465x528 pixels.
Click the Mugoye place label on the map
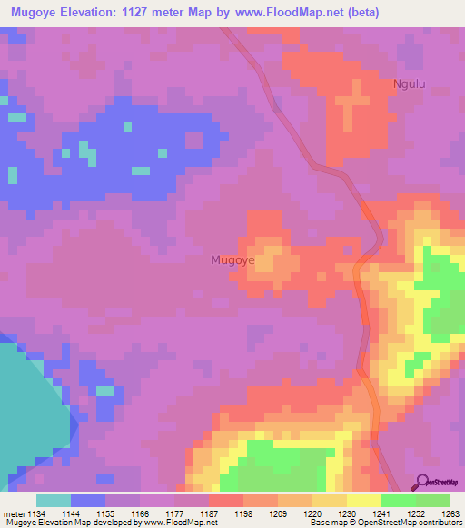(232, 259)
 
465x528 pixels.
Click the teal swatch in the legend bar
(54, 500)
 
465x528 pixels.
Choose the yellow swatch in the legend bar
(364, 500)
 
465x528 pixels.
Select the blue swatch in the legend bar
(88, 500)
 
